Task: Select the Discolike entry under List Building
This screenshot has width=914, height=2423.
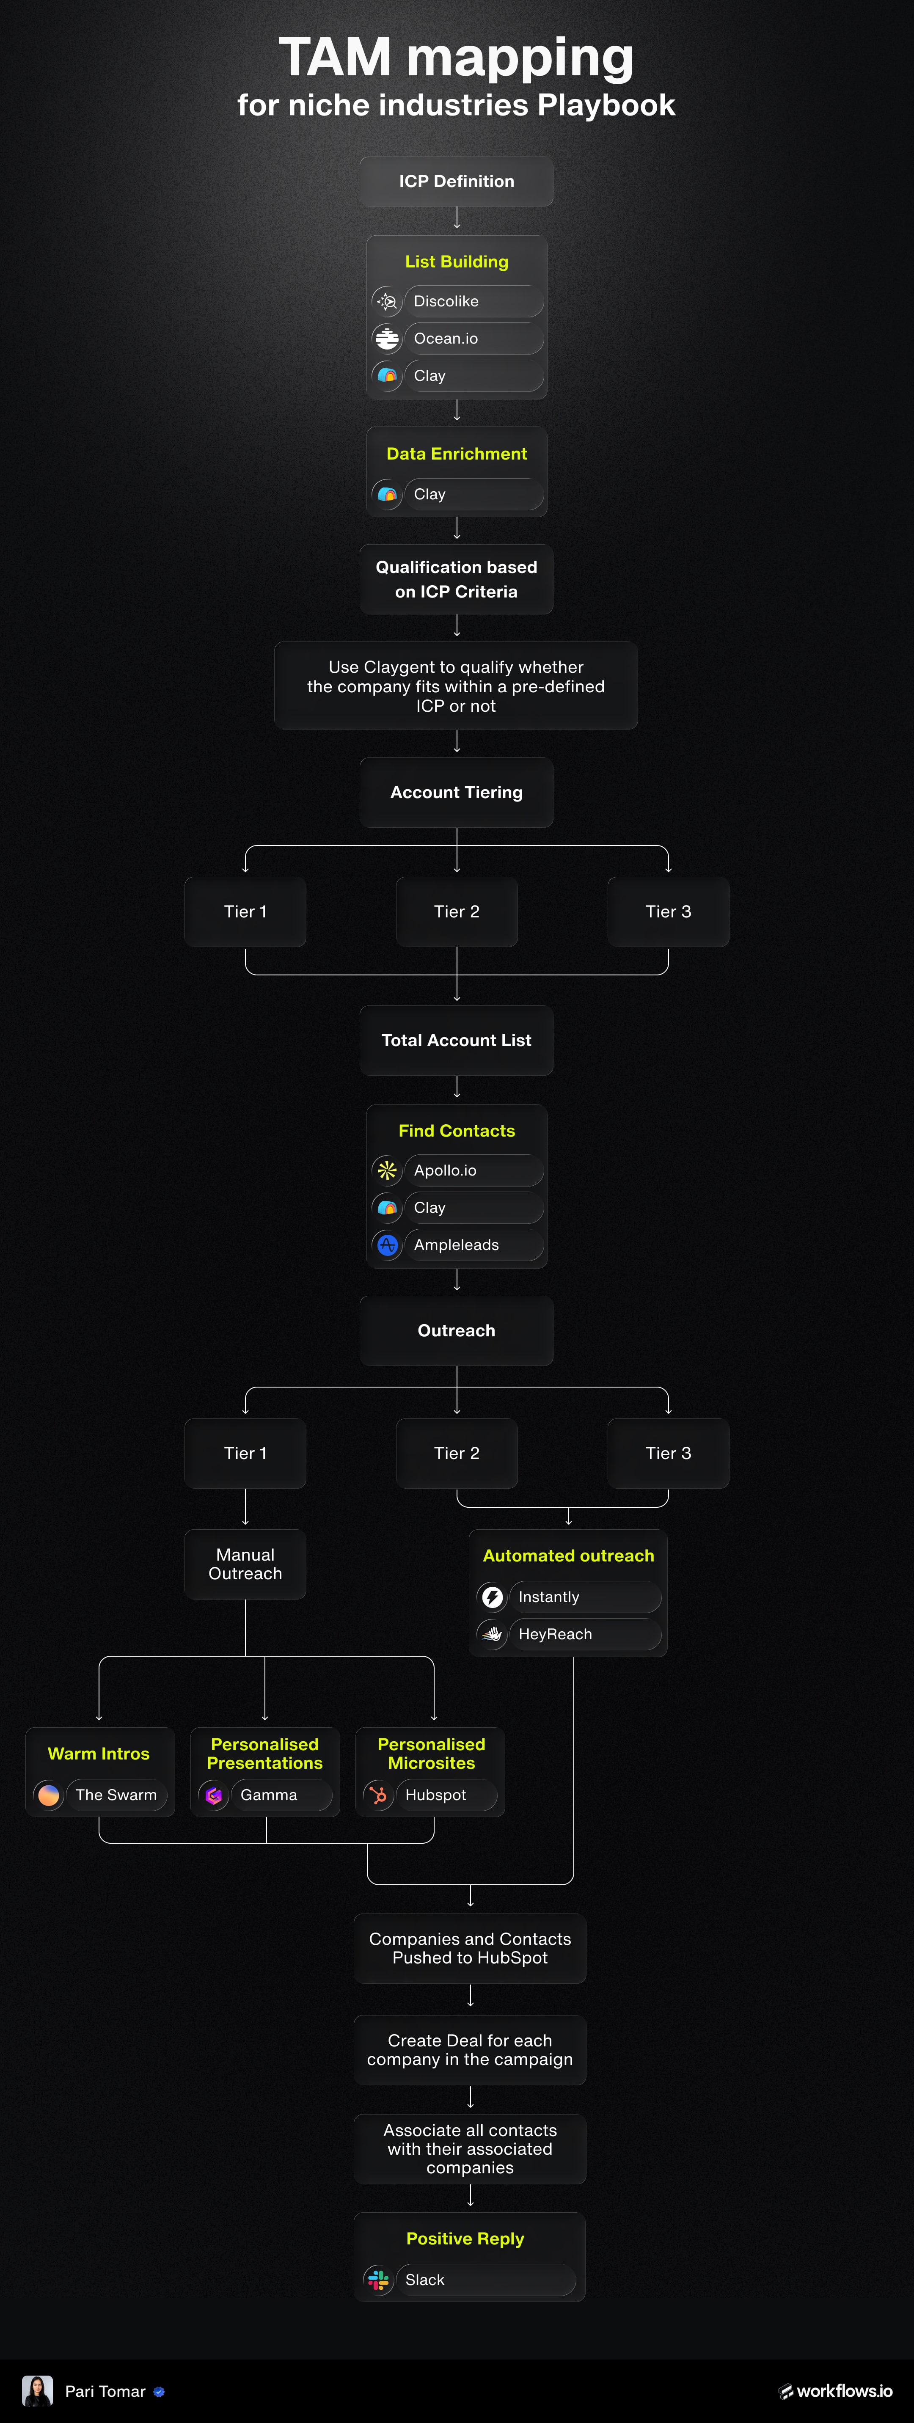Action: (x=473, y=301)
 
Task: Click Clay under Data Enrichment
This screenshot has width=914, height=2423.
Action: (x=473, y=494)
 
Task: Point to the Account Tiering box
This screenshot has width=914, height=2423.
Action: (x=456, y=792)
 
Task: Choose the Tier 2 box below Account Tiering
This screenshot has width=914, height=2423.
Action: (x=456, y=911)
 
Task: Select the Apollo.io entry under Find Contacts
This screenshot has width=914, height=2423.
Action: (x=473, y=1170)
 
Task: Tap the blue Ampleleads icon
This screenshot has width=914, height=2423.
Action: (x=386, y=1245)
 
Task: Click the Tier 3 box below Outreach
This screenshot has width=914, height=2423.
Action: (x=668, y=1453)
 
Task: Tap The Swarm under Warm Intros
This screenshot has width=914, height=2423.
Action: (x=116, y=1795)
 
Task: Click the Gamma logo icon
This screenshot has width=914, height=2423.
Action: (x=213, y=1795)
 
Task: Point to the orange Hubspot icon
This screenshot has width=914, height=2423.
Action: (x=378, y=1795)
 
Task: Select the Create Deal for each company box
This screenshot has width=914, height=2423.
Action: (x=469, y=2050)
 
